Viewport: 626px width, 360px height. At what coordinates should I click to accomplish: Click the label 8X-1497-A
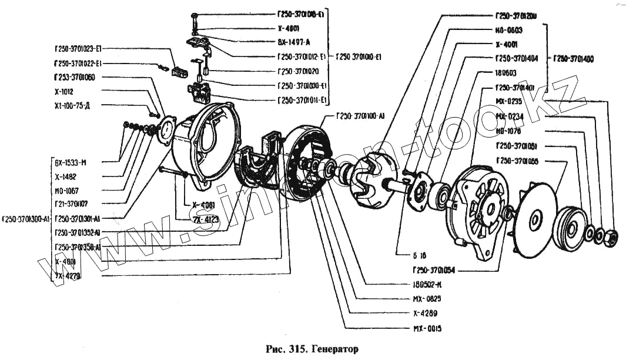pyautogui.click(x=294, y=42)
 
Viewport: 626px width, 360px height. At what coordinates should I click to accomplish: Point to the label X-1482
pyautogui.click(x=65, y=176)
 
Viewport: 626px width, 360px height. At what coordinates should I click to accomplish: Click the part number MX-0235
pyautogui.click(x=508, y=101)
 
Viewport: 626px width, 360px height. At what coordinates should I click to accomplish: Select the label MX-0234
pyautogui.click(x=509, y=116)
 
